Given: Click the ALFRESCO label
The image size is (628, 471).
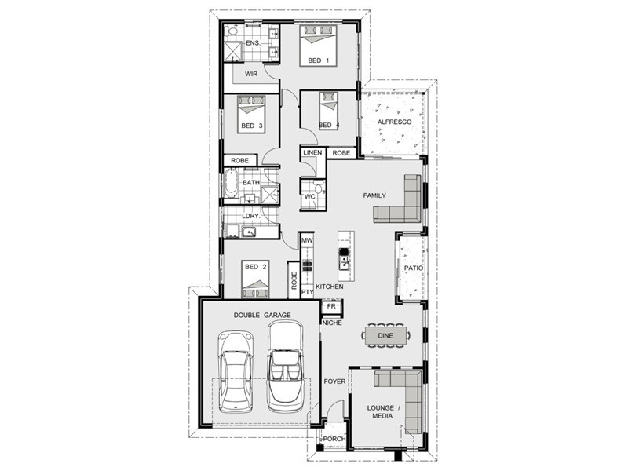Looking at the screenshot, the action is coord(394,122).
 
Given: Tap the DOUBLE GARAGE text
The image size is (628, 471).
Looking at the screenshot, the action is coord(262,316).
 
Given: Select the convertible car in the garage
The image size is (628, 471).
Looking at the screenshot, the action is coord(285,367).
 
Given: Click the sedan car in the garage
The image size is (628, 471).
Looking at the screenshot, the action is coord(236,371).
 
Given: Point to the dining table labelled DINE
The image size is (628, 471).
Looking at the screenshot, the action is coord(385,336).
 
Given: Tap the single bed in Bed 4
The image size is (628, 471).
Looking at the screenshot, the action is coord(329,111).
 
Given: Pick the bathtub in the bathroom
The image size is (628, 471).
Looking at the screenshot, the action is coord(231,183).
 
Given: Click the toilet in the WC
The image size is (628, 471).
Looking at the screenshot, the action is coord(319,188).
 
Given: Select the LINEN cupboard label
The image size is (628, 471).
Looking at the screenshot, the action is coord(312,152).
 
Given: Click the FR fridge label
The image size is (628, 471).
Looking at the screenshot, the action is coord(331,306).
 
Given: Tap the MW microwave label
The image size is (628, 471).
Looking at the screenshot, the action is coord(307,241).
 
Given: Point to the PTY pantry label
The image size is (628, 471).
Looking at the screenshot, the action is coord(307,292).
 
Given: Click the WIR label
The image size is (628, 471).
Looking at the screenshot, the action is coord(251,74).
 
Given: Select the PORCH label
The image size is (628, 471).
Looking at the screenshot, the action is coord(334,439).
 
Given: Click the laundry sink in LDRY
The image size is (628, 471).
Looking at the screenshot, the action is coord(249,232).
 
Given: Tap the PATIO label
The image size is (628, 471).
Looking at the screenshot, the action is coord(414,268).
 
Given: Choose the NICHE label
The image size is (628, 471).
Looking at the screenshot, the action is coord(332,323).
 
